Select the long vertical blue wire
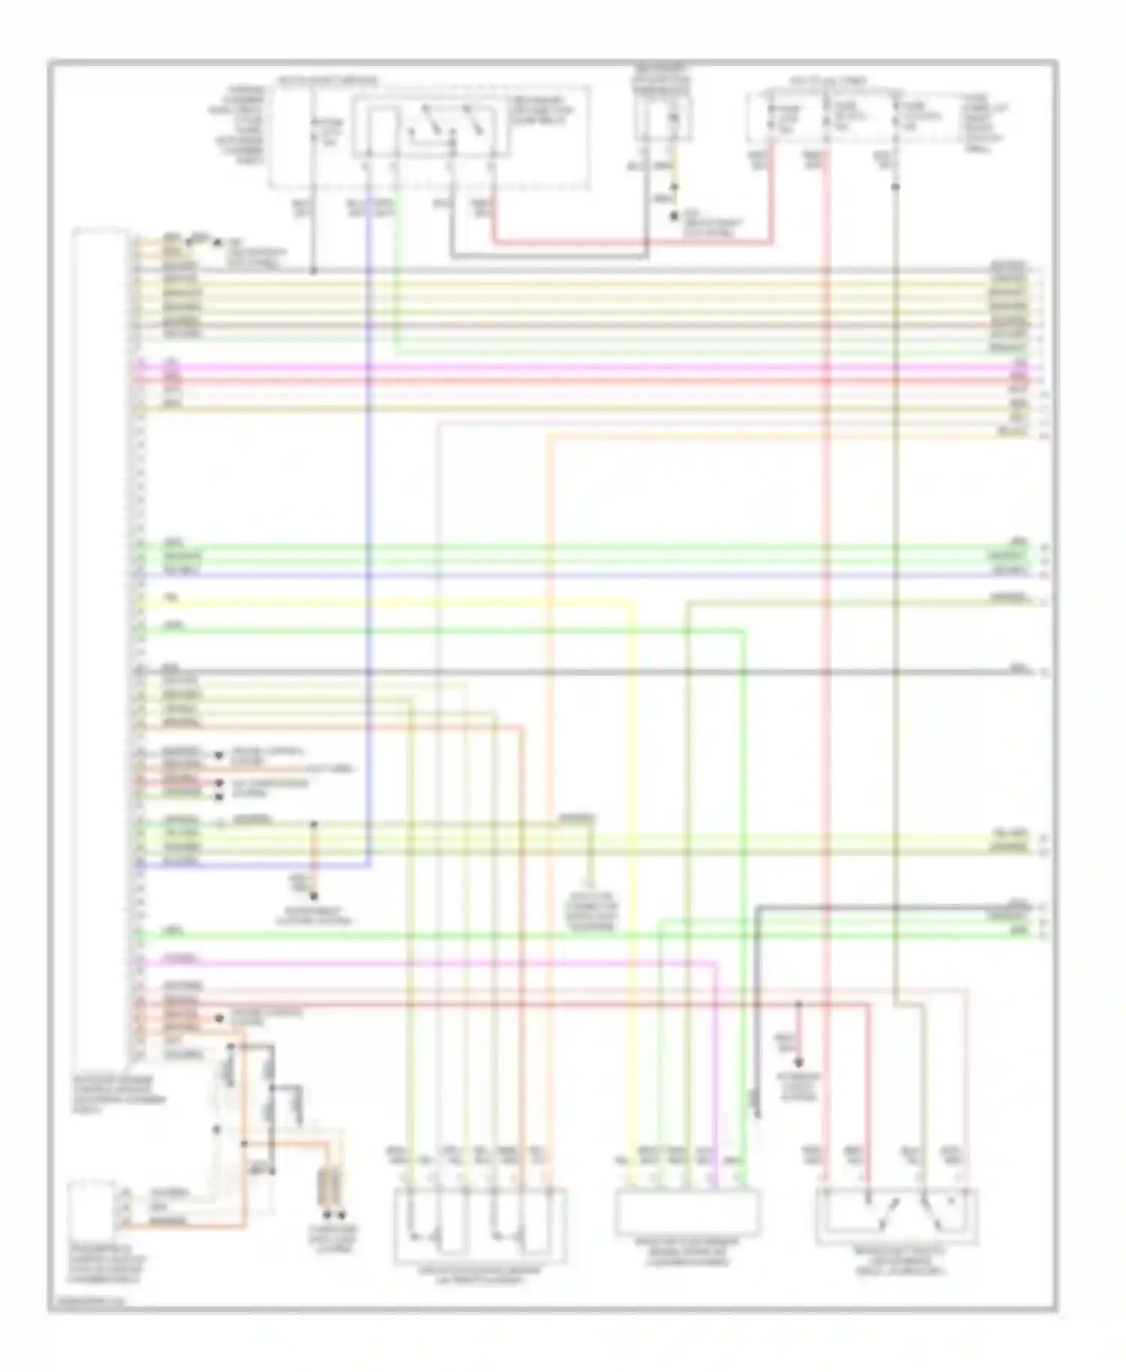[x=369, y=525]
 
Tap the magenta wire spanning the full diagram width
[x=586, y=369]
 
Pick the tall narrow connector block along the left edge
[x=100, y=645]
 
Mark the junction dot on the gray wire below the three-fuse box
[x=896, y=185]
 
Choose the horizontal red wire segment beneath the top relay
[x=631, y=243]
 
